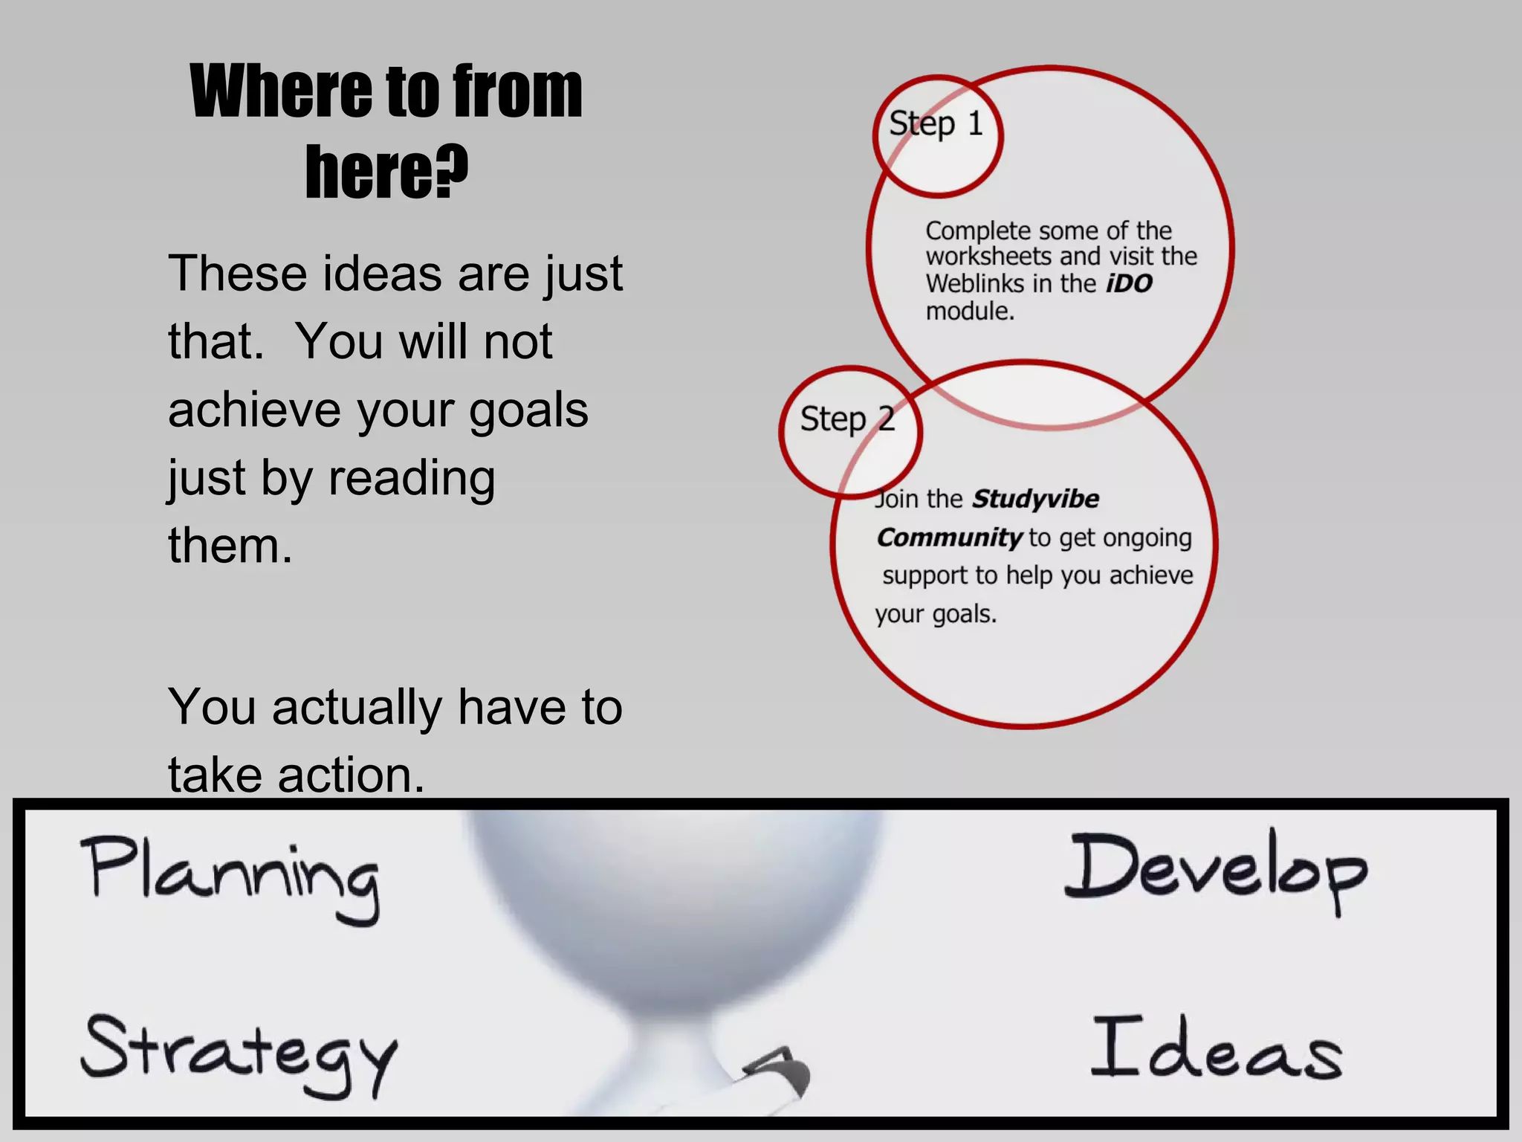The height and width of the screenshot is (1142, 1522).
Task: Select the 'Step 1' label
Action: pyautogui.click(x=936, y=123)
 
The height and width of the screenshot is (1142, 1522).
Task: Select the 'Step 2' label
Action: pyautogui.click(x=847, y=419)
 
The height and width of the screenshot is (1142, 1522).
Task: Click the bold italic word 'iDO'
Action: pyautogui.click(x=1129, y=283)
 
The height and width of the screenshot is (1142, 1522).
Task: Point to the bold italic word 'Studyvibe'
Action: pyautogui.click(x=1035, y=498)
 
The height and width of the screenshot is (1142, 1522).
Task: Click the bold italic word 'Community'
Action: pyautogui.click(x=949, y=537)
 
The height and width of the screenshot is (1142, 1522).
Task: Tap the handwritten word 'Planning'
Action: pyautogui.click(x=230, y=877)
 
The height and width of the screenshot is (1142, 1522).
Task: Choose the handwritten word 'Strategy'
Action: pyautogui.click(x=238, y=1052)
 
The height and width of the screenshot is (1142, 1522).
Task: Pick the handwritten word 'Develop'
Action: pyautogui.click(x=1215, y=870)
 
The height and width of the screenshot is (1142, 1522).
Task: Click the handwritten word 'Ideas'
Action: pyautogui.click(x=1216, y=1048)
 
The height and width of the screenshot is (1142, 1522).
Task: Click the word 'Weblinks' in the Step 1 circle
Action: pyautogui.click(x=974, y=283)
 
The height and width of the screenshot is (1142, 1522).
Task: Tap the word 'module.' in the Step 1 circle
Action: pyautogui.click(x=970, y=311)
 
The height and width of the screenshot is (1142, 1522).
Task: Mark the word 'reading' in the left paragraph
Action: pyautogui.click(x=412, y=477)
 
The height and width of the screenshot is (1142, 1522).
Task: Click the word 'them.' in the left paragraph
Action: pyautogui.click(x=230, y=546)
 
